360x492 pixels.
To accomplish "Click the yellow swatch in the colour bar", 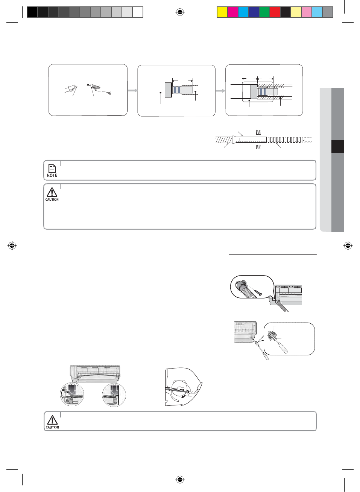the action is point(222,12).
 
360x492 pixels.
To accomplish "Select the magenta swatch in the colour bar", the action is point(233,12).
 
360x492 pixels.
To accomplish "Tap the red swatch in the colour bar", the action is point(275,12).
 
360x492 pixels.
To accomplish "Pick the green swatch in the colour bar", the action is point(264,12).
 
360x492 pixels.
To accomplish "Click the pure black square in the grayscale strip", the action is point(32,12).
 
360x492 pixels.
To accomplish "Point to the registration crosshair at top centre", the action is point(180,12).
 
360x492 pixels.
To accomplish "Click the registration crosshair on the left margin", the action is point(12,246).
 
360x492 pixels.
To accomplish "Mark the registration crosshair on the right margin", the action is point(348,246).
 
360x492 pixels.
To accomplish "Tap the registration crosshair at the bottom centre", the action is point(180,479).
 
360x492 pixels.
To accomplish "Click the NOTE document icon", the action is point(52,168).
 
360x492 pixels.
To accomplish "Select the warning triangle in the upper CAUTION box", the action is point(52,192).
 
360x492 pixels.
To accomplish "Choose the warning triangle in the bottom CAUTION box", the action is point(52,420).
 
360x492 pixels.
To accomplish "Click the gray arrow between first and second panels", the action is point(132,90).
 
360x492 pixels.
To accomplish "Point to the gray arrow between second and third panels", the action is point(220,91).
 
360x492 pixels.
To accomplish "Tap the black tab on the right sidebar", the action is point(338,146).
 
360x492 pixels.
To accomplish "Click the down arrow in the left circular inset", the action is point(72,390).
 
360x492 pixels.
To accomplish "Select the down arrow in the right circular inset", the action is point(114,390).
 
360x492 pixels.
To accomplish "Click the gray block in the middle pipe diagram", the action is point(168,90).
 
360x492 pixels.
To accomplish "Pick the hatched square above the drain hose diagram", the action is point(258,133).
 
